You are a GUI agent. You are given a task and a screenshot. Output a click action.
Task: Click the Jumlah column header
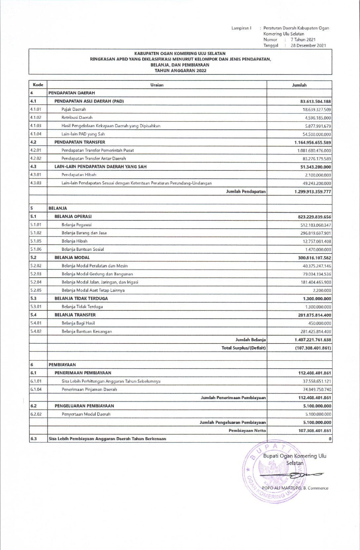point(299,85)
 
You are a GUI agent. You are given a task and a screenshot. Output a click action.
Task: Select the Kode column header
point(38,85)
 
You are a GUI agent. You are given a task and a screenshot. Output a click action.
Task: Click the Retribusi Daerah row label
point(77,117)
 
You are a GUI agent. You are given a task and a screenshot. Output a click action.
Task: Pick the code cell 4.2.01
point(36,150)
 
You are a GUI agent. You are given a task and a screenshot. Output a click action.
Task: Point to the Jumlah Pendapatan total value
point(312,192)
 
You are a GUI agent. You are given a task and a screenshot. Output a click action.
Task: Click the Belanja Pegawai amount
point(315,225)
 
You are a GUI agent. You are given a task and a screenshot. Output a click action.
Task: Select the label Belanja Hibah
point(74,241)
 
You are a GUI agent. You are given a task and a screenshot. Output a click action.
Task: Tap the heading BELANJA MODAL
point(72,257)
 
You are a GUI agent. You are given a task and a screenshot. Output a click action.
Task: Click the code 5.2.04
point(36,282)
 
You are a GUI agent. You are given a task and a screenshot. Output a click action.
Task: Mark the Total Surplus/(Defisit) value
point(313,348)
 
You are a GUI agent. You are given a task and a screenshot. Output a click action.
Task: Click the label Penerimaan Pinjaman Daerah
point(89,390)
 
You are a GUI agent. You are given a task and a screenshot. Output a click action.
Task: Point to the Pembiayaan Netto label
point(247,431)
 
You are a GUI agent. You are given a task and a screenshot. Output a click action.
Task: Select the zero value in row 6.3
point(330,439)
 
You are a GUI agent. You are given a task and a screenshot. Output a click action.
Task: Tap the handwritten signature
point(291,476)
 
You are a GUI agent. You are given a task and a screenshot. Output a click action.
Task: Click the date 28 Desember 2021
point(308,45)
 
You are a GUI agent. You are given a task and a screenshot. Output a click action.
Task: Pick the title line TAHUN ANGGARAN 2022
point(180,70)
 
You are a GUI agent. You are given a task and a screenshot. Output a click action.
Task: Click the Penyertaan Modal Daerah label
point(86,414)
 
